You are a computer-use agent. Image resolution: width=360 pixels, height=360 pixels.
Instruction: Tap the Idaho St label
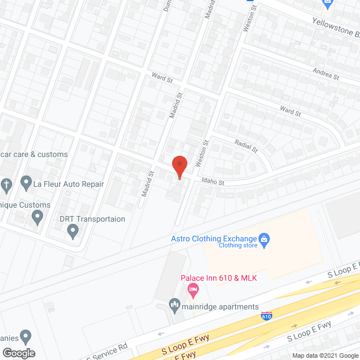coord(213,182)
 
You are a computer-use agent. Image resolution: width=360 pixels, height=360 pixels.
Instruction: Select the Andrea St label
coord(326,73)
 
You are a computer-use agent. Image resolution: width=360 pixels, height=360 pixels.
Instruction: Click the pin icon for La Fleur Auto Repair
coord(26,183)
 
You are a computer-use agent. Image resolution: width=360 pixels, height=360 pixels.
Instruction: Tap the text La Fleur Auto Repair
coord(69,184)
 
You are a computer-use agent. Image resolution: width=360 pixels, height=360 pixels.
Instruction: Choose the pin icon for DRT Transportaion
coord(72,229)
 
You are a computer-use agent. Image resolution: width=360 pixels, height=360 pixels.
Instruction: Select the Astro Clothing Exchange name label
coord(214,238)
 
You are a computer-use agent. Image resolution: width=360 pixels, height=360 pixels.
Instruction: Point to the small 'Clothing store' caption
coord(238,245)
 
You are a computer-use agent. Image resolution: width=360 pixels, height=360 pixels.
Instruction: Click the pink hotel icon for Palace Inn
coord(192,290)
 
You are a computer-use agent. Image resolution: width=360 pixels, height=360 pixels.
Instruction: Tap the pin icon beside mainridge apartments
coord(175,307)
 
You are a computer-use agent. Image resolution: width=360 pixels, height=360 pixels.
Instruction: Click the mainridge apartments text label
coord(220,307)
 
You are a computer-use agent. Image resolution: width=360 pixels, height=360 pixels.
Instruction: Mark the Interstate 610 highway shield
coord(267,316)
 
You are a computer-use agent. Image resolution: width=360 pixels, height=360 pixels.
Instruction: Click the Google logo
coord(19,353)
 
